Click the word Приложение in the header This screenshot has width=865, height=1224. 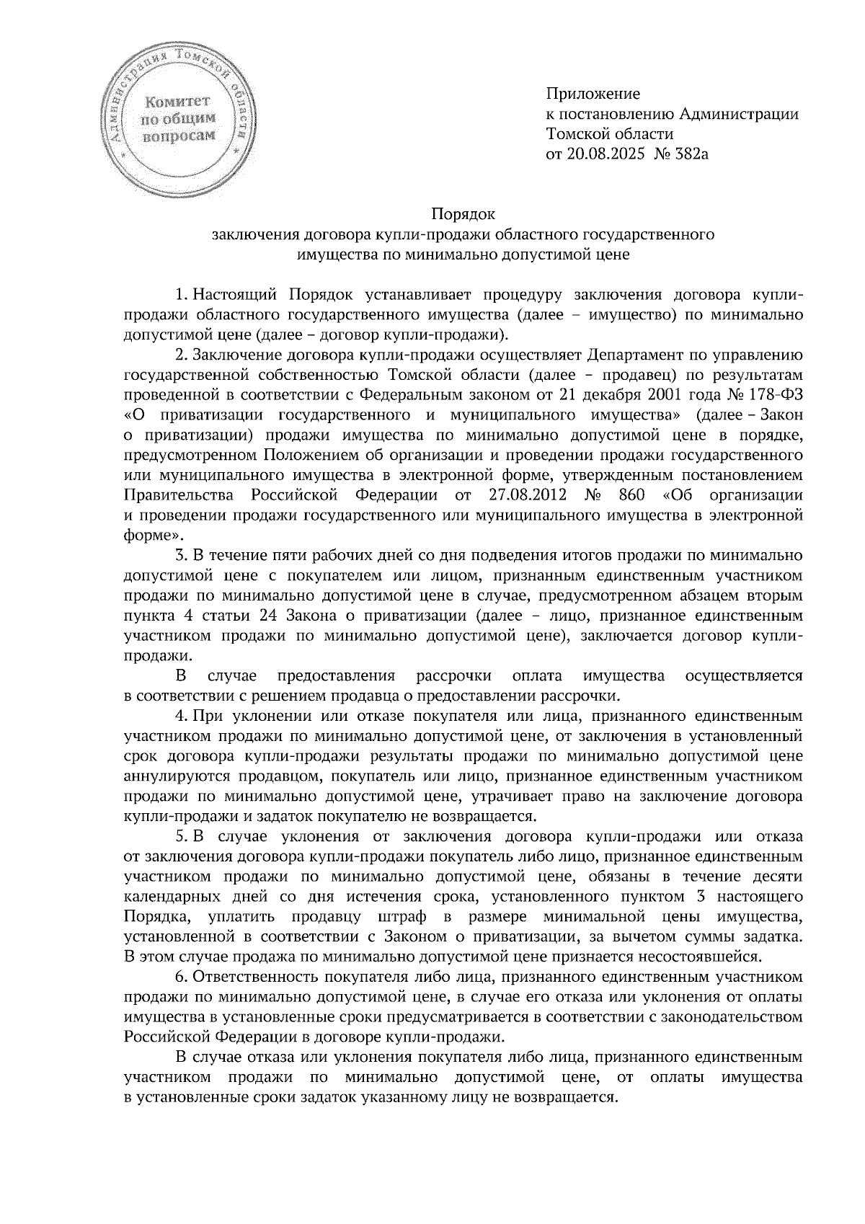(593, 94)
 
